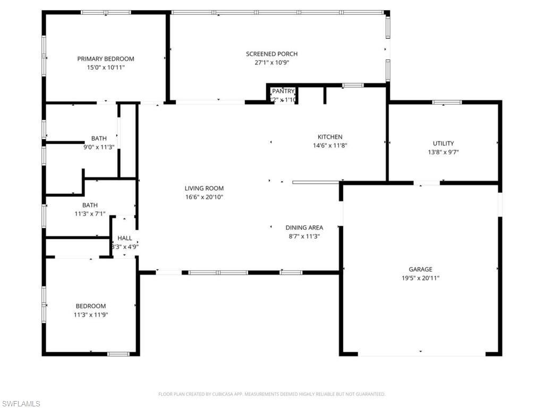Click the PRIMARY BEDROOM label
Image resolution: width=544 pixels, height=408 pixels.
pyautogui.click(x=106, y=59)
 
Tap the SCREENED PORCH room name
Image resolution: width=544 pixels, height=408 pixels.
pyautogui.click(x=271, y=54)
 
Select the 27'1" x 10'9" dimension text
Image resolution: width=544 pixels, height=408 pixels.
pyautogui.click(x=271, y=63)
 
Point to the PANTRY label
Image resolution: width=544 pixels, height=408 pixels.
pyautogui.click(x=283, y=91)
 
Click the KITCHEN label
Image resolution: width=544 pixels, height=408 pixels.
pyautogui.click(x=330, y=137)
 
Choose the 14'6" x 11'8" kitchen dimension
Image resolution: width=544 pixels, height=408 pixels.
pyautogui.click(x=330, y=146)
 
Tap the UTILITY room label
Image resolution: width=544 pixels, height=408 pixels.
pyautogui.click(x=443, y=143)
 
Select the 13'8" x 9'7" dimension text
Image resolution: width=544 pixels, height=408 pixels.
pyautogui.click(x=443, y=152)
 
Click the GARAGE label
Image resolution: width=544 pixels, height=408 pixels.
pyautogui.click(x=420, y=269)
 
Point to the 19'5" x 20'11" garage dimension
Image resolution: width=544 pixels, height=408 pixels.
pyautogui.click(x=420, y=278)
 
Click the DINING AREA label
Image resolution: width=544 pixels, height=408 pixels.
pyautogui.click(x=304, y=227)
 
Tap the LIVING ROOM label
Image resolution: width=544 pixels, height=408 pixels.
pyautogui.click(x=204, y=188)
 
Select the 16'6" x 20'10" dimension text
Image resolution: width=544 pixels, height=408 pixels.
pyautogui.click(x=204, y=197)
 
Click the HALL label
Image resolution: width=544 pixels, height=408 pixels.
pyautogui.click(x=125, y=238)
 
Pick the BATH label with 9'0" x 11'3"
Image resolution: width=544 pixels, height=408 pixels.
pyautogui.click(x=99, y=138)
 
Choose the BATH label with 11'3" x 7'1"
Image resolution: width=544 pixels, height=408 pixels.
pyautogui.click(x=90, y=205)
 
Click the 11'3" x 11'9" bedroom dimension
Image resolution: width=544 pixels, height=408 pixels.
pyautogui.click(x=90, y=315)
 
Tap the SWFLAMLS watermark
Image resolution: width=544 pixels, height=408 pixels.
pyautogui.click(x=21, y=404)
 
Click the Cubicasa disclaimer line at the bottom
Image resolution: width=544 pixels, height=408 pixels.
pyautogui.click(x=271, y=394)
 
